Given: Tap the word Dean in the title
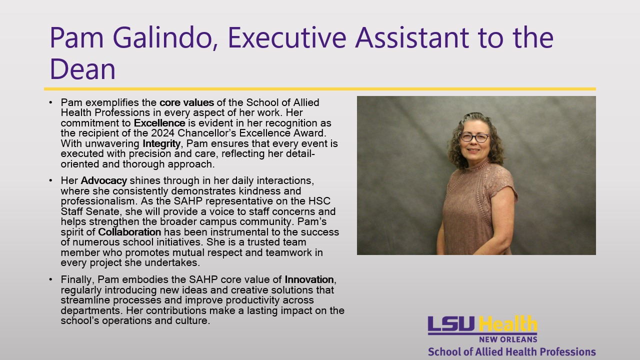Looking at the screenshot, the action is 83,69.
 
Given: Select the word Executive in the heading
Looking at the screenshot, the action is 287,37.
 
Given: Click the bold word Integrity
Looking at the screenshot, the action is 161,143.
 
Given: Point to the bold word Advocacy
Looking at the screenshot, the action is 103,181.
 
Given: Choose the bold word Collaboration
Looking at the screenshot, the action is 129,232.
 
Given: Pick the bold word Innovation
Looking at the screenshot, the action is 309,279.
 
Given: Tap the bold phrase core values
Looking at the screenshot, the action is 187,102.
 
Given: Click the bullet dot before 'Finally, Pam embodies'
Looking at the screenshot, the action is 50,279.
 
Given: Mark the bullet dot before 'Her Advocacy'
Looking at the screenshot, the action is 50,180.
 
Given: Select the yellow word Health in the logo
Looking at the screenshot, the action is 507,324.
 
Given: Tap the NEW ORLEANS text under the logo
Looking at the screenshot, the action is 508,339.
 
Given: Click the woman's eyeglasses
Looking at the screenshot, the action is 474,137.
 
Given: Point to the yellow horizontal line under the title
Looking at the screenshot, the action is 320,89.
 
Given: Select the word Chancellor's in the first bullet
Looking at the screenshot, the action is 207,133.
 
